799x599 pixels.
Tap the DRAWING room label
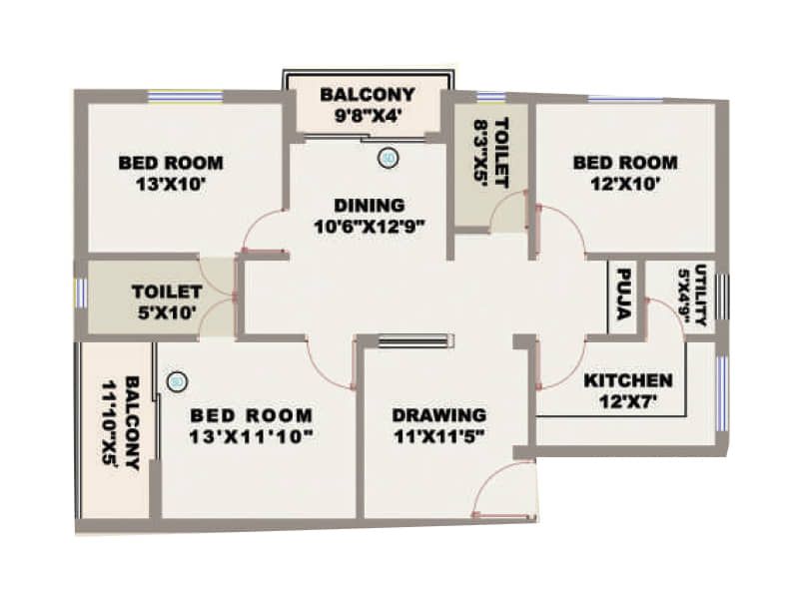click(x=438, y=414)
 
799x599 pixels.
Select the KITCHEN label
click(x=628, y=380)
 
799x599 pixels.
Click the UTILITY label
click(x=702, y=295)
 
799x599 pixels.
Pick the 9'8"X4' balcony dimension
click(x=368, y=115)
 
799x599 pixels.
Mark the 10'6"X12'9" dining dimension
click(x=370, y=227)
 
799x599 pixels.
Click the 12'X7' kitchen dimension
click(x=628, y=401)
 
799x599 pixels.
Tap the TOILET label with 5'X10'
click(x=167, y=292)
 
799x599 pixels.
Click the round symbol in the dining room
click(x=388, y=158)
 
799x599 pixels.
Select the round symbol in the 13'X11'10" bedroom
click(x=177, y=380)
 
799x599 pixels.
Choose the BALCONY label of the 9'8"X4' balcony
click(x=368, y=95)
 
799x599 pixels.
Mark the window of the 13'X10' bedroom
click(x=185, y=96)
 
